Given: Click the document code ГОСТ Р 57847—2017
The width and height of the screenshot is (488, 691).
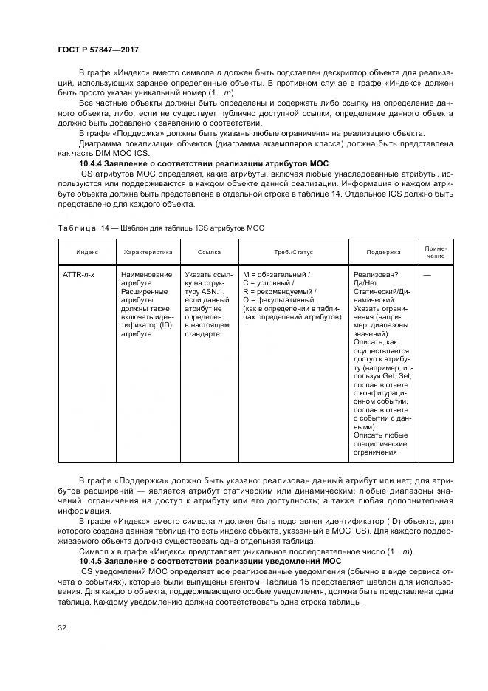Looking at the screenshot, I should click(x=98, y=50).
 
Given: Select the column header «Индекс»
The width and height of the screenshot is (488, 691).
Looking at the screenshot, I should click(x=86, y=252).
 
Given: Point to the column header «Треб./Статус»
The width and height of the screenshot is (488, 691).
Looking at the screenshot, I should click(x=293, y=252).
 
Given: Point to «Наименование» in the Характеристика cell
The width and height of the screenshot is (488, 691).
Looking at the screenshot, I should click(x=148, y=275).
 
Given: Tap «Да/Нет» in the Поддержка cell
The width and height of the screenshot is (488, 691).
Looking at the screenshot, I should click(x=368, y=283).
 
